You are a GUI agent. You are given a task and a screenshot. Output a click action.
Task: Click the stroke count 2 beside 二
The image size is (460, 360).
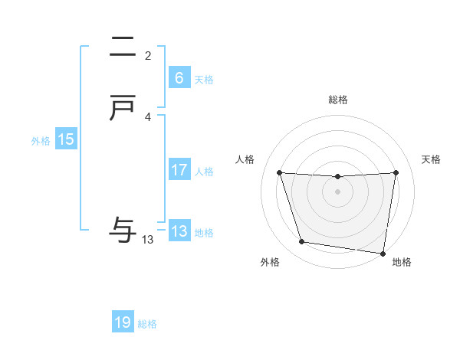coord(148,56)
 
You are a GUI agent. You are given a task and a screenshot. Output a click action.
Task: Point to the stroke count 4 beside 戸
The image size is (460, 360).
coord(148,117)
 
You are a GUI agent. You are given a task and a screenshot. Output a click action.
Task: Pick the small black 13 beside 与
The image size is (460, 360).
coord(148,240)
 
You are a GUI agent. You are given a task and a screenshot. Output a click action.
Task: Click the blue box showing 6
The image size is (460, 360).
coord(179,78)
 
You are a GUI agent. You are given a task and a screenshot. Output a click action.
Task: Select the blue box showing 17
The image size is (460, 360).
coord(179,170)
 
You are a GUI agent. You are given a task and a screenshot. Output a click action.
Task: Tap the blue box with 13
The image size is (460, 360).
coord(179,231)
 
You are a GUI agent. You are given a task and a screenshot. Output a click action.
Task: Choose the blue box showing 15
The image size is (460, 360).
coord(66,139)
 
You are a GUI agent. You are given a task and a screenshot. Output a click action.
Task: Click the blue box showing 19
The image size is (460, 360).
coord(123,322)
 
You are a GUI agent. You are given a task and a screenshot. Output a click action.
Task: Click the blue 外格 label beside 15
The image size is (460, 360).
coord(41,141)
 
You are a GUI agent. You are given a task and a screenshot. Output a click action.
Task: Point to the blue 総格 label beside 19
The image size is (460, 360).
coord(147,324)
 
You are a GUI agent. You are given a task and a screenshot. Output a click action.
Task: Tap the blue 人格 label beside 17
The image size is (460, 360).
coord(204,172)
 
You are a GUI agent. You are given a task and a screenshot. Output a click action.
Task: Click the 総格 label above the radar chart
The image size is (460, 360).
coord(338,100)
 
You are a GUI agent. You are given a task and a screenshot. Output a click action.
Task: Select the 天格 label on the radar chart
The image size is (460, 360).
coord(432,159)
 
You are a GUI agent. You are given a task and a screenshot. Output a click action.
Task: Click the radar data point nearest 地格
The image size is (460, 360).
coord(383,253)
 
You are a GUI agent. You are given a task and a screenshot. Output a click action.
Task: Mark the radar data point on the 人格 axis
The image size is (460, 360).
coord(280,172)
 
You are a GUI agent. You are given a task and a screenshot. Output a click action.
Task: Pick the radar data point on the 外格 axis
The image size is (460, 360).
coord(302,242)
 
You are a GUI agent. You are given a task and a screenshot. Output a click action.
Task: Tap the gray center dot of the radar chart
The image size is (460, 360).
coord(338,191)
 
